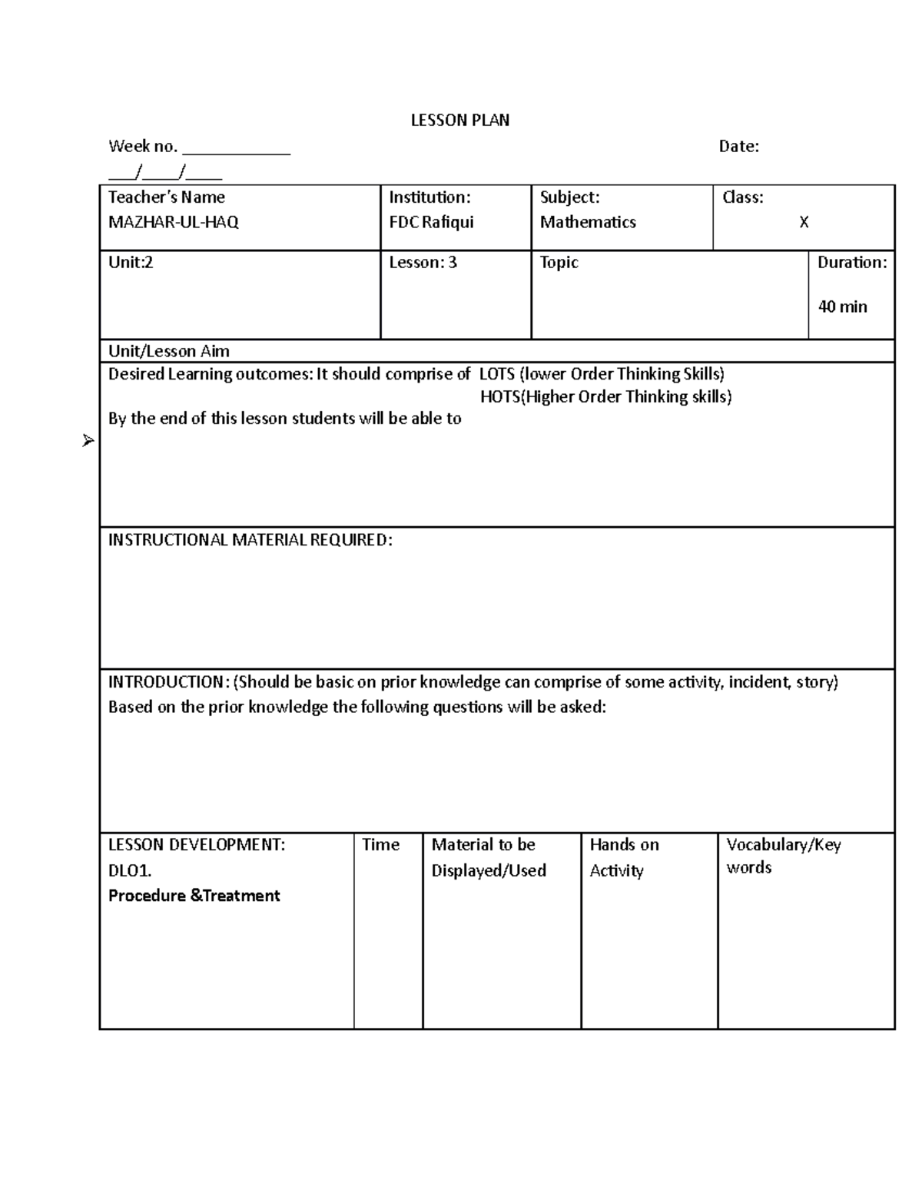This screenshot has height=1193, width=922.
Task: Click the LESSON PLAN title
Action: click(x=459, y=120)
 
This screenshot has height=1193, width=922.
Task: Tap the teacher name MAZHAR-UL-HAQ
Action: click(x=174, y=222)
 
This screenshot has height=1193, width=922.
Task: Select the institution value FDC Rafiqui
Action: click(x=431, y=222)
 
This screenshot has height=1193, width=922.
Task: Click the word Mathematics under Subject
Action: click(x=588, y=222)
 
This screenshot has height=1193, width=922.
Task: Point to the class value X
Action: click(x=804, y=222)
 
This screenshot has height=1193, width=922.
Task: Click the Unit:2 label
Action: click(x=131, y=263)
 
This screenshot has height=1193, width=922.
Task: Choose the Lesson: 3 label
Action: click(x=423, y=263)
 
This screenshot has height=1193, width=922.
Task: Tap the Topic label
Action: click(x=559, y=263)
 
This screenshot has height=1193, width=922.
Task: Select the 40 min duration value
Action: click(x=842, y=307)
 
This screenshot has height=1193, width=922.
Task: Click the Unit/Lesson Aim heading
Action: click(x=169, y=351)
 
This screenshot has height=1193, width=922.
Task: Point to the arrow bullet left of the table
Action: click(x=88, y=441)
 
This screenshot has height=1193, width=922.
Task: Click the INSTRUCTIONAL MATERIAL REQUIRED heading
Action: click(x=250, y=540)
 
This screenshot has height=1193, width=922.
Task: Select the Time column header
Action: click(x=380, y=845)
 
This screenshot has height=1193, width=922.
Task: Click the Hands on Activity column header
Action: click(x=623, y=857)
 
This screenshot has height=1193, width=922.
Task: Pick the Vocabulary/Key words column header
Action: click(x=783, y=856)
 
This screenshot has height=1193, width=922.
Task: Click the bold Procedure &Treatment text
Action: click(x=194, y=896)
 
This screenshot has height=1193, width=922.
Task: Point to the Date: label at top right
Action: click(x=738, y=146)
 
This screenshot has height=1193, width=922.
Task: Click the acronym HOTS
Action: click(x=500, y=397)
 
